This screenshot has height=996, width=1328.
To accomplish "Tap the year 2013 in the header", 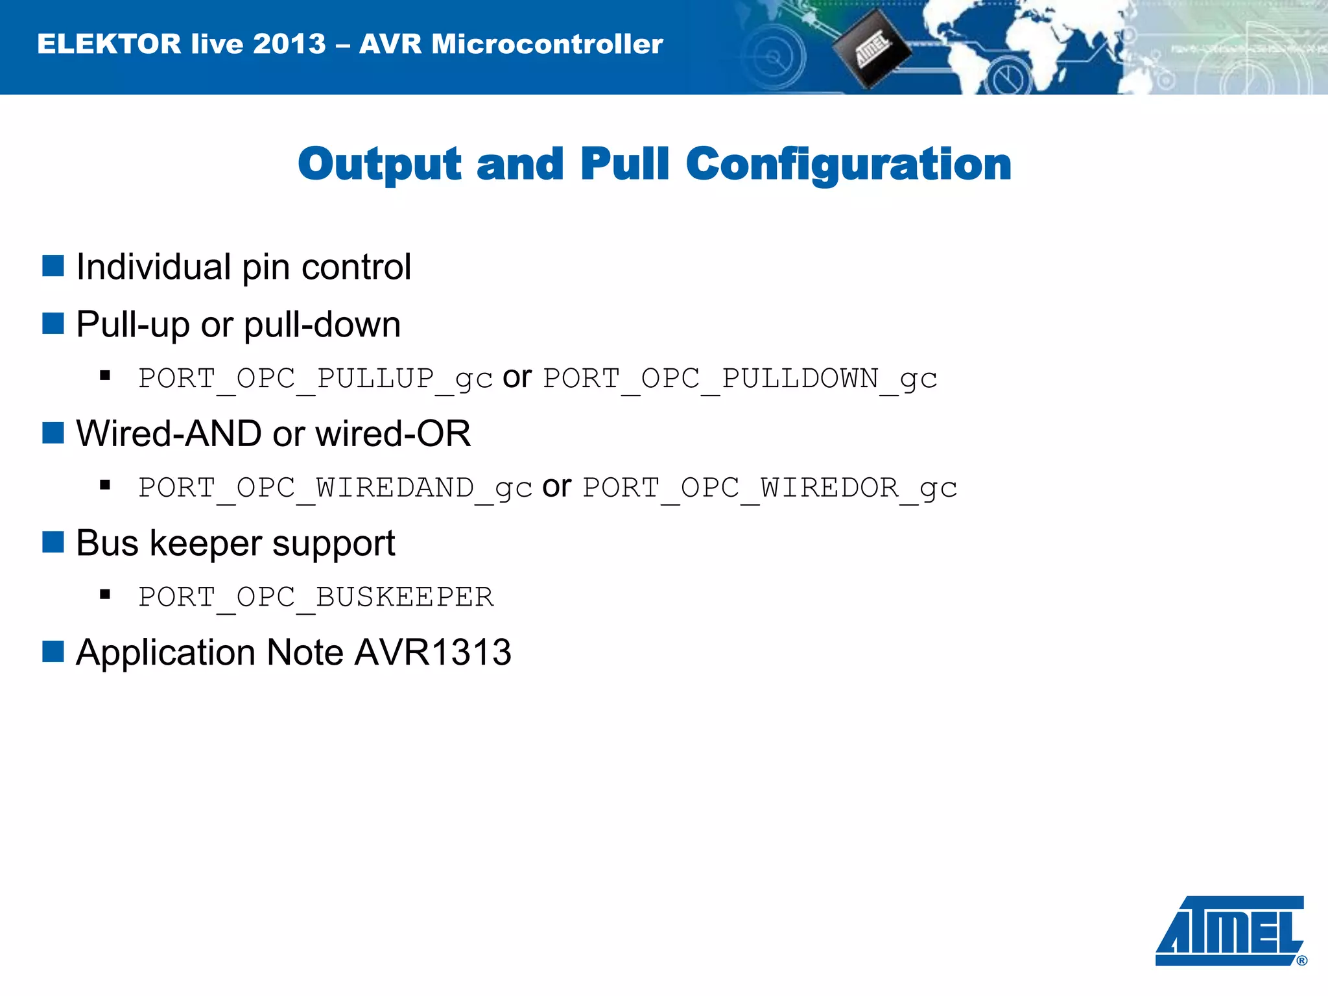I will (x=289, y=44).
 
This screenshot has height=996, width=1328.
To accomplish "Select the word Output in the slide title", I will (x=379, y=164).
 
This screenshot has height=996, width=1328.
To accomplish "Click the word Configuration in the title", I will (x=848, y=164).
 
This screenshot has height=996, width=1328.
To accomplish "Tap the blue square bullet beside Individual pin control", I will (x=53, y=266).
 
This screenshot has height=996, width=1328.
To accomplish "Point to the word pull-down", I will (x=322, y=324).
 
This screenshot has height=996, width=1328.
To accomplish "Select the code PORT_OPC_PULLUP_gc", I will (x=316, y=378).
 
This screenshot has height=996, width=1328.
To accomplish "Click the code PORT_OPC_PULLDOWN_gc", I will (x=740, y=378).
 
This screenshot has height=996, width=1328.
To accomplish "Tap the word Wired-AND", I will (x=169, y=433).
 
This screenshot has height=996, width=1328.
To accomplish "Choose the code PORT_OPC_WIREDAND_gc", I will (x=335, y=488).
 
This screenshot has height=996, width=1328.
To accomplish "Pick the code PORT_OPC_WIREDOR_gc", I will (x=770, y=488).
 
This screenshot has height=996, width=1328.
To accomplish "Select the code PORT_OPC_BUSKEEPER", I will (x=316, y=597).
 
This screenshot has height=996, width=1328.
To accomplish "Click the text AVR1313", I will (x=433, y=652).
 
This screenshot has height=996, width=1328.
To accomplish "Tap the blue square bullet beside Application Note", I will (x=53, y=652).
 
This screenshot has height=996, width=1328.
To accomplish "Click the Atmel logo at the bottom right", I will (x=1229, y=931).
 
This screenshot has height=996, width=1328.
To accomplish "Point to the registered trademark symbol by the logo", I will (x=1301, y=960).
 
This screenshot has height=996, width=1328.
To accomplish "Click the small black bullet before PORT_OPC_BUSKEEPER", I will (x=105, y=594).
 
